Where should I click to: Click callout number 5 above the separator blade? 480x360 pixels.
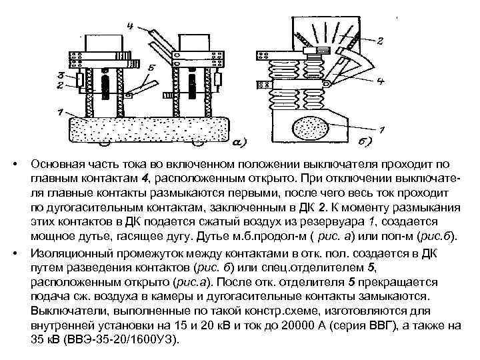(x=152, y=67)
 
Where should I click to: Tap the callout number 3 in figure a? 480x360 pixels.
(x=61, y=75)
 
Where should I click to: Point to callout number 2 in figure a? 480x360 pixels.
(x=61, y=85)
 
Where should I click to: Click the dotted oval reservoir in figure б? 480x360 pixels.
(x=309, y=128)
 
